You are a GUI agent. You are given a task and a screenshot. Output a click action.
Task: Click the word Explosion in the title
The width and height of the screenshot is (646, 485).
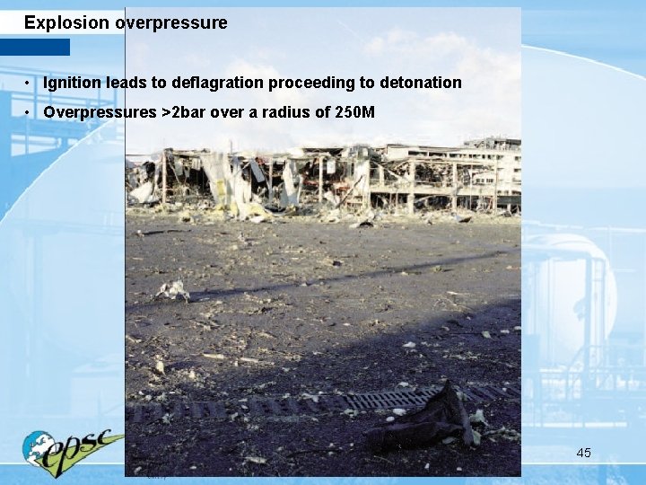(x=68, y=22)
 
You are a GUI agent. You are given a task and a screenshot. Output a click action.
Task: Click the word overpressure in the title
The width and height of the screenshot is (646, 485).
(x=171, y=23)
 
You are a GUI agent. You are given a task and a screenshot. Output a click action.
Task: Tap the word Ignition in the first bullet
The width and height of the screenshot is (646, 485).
(x=73, y=84)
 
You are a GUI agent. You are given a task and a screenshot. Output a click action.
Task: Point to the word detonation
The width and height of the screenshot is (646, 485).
(x=421, y=84)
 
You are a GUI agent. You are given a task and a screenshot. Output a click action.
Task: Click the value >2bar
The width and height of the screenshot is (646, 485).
(x=183, y=113)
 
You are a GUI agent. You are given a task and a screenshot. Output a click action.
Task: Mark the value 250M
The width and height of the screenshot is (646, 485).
(x=355, y=113)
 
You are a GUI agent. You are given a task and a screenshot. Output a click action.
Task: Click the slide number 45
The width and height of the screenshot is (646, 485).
(x=583, y=453)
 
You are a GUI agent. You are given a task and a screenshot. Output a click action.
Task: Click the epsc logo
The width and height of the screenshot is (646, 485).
(x=74, y=449)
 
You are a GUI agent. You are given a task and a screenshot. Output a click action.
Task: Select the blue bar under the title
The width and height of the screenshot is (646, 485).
(x=34, y=47)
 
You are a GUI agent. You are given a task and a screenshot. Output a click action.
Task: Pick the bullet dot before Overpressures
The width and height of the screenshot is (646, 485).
(x=30, y=114)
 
